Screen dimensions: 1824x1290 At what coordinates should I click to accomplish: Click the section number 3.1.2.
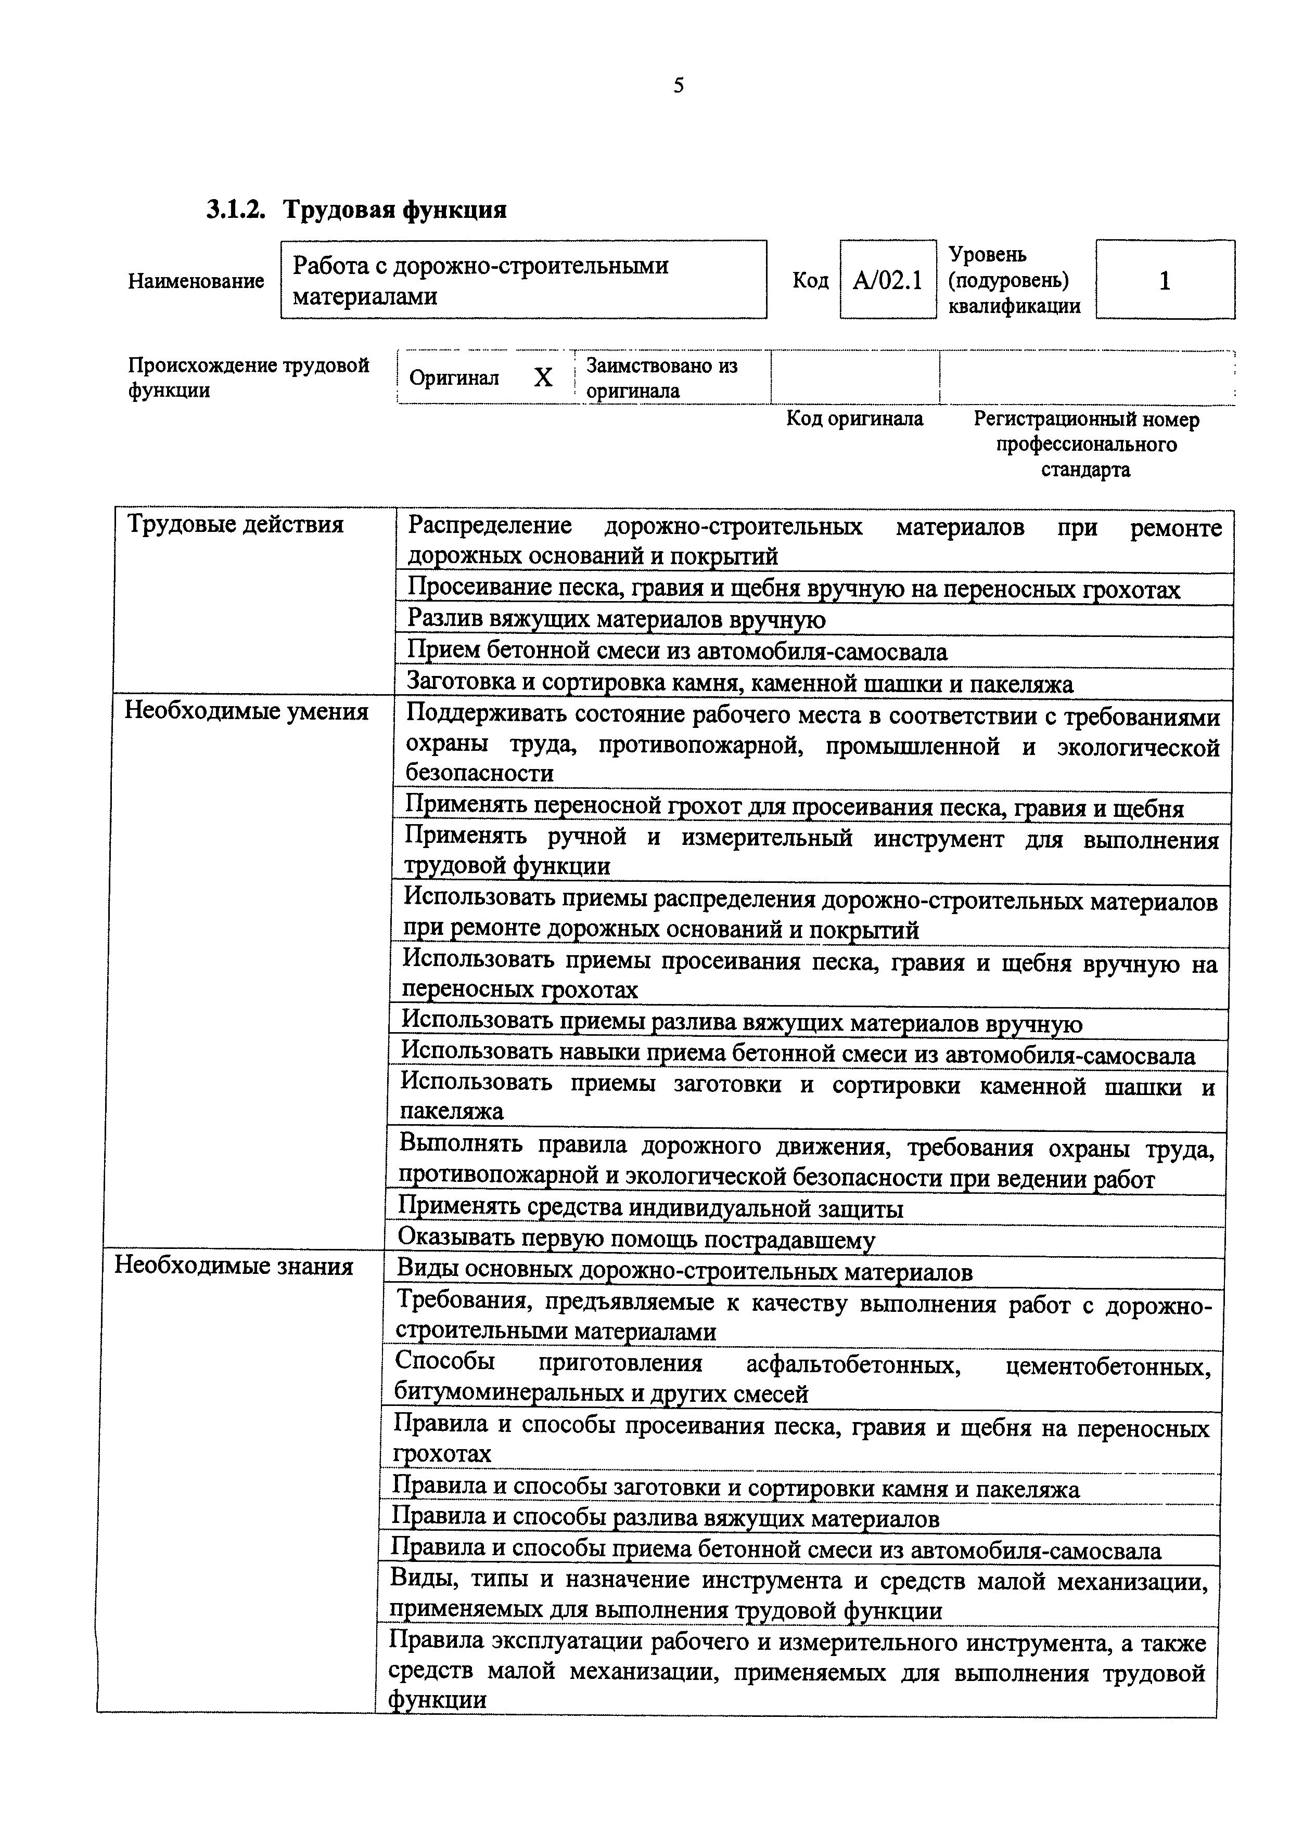235,210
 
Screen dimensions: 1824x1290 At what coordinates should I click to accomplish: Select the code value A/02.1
887,280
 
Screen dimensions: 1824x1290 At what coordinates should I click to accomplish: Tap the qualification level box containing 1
1165,280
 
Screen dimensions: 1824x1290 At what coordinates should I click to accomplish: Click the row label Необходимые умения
246,712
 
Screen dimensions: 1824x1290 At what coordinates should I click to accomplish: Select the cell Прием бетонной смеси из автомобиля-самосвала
677,652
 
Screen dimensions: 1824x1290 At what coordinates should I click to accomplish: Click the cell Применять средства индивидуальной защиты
650,1209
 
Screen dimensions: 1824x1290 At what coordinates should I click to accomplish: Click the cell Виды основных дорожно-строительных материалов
684,1273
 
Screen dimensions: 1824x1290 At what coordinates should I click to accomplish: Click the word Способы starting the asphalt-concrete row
444,1361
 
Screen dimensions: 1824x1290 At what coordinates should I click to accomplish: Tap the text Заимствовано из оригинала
661,377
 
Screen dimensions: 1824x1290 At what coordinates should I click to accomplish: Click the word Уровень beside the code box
987,255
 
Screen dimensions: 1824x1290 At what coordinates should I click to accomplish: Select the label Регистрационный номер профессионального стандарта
1085,444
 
